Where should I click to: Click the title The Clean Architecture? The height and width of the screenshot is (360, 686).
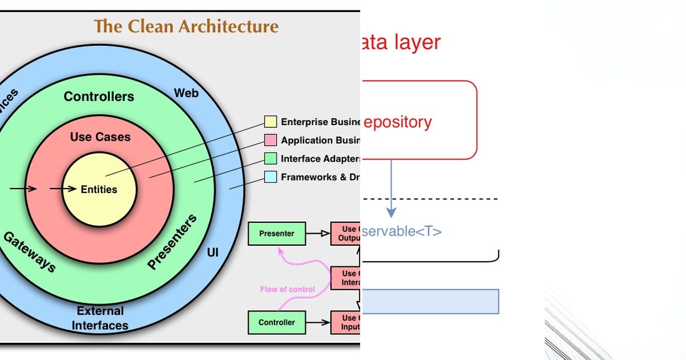186,26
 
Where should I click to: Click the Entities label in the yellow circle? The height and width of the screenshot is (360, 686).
99,189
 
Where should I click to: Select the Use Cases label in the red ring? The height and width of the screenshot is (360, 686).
100,137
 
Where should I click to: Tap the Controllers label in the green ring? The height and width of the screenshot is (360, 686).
99,97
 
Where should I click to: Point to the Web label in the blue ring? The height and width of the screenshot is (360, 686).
186,93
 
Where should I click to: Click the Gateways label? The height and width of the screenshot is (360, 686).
30,251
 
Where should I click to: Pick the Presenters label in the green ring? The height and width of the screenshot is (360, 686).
172,242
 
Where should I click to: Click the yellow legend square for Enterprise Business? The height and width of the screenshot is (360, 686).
270,122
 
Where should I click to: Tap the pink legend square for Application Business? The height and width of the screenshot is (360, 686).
270,140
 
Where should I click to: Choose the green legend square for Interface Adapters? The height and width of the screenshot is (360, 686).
270,158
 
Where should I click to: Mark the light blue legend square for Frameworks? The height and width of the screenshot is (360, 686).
270,177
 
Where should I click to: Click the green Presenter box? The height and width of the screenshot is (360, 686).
277,233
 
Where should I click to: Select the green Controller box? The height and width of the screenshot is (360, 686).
277,322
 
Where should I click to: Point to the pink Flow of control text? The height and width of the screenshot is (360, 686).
287,289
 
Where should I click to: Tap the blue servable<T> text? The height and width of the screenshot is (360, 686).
402,231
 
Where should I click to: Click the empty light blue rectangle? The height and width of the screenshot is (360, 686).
430,301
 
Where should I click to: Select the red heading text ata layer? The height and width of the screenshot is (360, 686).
401,43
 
